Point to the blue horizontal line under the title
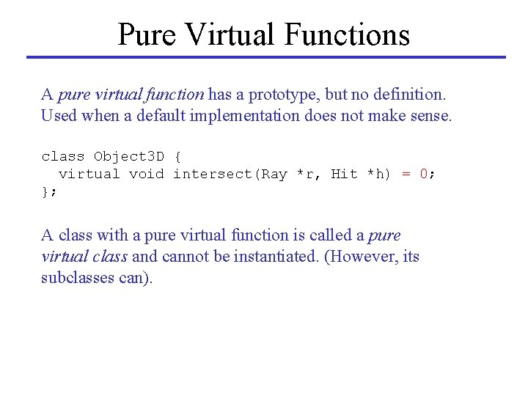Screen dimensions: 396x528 (266, 57)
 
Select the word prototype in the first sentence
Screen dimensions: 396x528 (281, 95)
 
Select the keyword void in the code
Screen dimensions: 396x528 (146, 174)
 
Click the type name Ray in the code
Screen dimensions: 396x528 (274, 174)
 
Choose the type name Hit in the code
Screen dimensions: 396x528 (344, 174)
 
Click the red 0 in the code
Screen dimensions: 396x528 (424, 174)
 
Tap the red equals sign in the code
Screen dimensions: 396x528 (406, 174)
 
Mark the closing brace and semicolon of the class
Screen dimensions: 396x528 (48, 191)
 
